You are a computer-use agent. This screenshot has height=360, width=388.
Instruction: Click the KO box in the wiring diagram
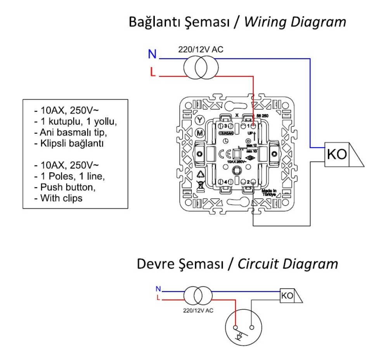click(x=336, y=155)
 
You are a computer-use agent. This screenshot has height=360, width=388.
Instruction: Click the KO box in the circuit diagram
click(x=287, y=296)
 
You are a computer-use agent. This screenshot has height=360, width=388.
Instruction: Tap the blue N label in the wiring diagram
click(x=152, y=54)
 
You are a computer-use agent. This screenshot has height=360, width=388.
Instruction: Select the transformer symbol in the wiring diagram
click(x=199, y=67)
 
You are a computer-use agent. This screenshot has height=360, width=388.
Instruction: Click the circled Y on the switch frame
click(x=199, y=119)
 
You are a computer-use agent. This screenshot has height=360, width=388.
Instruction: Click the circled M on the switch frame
click(x=199, y=133)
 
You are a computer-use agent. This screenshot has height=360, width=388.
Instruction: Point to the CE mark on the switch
click(x=223, y=153)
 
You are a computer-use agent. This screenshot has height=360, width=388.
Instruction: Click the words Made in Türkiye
click(x=268, y=193)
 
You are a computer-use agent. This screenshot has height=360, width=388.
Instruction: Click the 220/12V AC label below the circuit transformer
click(x=198, y=310)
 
